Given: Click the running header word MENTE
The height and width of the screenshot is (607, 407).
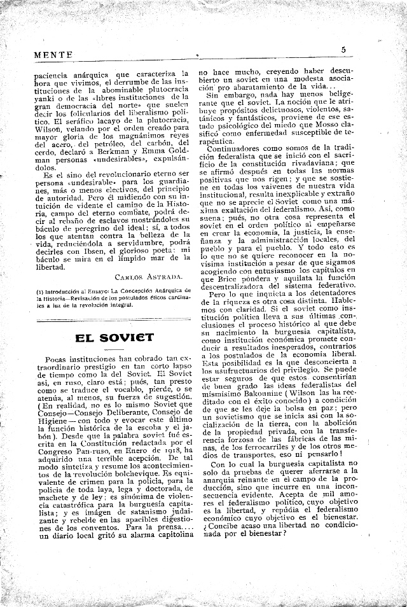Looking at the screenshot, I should click(53, 55).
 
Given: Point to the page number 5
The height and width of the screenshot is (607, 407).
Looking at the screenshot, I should click(344, 50).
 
